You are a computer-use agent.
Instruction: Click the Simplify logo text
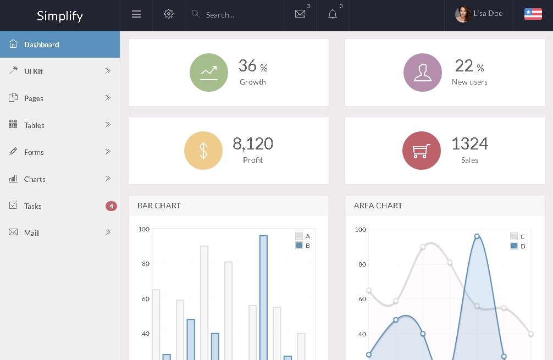pyautogui.click(x=60, y=15)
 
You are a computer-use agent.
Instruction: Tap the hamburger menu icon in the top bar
pyautogui.click(x=136, y=14)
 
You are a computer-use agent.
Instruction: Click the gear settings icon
pyautogui.click(x=169, y=14)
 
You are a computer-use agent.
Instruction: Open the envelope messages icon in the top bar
pyautogui.click(x=300, y=14)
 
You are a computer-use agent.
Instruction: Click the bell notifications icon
pyautogui.click(x=333, y=14)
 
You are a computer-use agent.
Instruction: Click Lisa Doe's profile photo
pyautogui.click(x=463, y=14)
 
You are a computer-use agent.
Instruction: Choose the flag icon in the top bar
pyautogui.click(x=533, y=14)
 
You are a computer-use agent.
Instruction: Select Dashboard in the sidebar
pyautogui.click(x=42, y=45)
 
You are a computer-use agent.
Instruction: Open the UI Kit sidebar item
pyautogui.click(x=34, y=71)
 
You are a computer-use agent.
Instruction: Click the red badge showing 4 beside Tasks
pyautogui.click(x=111, y=206)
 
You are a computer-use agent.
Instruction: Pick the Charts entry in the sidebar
pyautogui.click(x=35, y=179)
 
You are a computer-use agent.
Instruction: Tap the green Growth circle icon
pyautogui.click(x=208, y=73)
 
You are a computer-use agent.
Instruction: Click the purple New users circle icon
pyautogui.click(x=422, y=73)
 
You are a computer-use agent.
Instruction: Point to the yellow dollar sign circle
pyautogui.click(x=203, y=151)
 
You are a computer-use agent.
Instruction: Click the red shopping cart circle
pyautogui.click(x=421, y=151)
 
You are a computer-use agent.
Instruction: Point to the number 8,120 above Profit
pyautogui.click(x=253, y=144)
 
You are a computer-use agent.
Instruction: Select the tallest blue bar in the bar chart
pyautogui.click(x=263, y=297)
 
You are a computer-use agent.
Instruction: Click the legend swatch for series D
pyautogui.click(x=513, y=246)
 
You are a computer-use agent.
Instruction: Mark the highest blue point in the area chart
pyautogui.click(x=477, y=236)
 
